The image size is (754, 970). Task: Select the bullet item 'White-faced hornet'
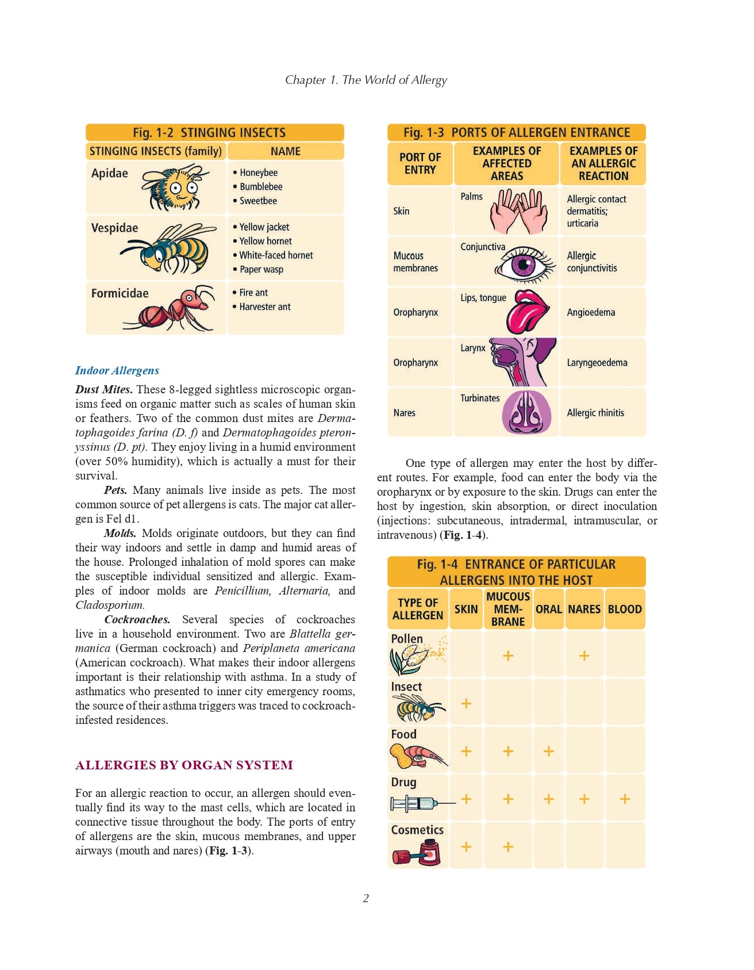[x=276, y=255]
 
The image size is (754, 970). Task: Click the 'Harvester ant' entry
[x=264, y=307]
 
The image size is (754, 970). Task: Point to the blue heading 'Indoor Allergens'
[x=117, y=371]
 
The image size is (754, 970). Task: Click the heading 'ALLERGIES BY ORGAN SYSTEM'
[x=184, y=765]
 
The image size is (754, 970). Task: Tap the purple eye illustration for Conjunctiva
[x=524, y=264]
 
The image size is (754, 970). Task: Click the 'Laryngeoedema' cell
[x=597, y=363]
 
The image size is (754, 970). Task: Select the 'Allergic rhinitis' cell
[x=595, y=413]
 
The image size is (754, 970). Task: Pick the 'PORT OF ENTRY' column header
[x=420, y=164]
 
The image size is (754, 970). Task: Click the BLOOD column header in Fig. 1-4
[x=625, y=609]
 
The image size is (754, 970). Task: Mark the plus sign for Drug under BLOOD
[x=625, y=799]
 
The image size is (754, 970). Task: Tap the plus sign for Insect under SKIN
[x=466, y=703]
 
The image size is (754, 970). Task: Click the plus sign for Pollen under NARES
[x=584, y=655]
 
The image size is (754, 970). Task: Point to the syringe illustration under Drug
[x=420, y=803]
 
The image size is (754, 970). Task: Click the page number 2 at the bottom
[x=366, y=898]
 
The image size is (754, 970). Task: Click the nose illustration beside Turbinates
[x=526, y=413]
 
